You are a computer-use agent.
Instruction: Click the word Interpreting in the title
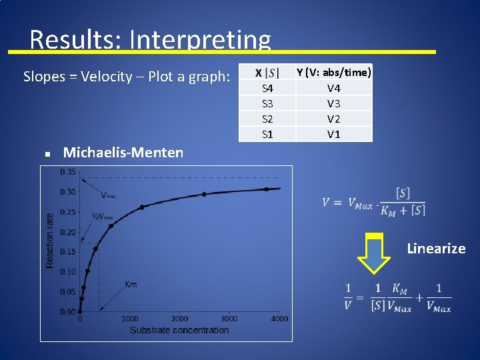(200, 40)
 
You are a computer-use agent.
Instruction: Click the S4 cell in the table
(267, 88)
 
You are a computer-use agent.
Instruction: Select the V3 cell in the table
(334, 103)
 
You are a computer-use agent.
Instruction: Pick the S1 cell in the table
(267, 134)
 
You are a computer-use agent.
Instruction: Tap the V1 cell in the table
(334, 134)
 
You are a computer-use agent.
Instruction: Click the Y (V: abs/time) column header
(334, 72)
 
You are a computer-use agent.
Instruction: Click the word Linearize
(436, 249)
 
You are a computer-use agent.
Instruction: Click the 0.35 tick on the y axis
(67, 172)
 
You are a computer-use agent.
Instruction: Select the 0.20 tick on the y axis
(67, 232)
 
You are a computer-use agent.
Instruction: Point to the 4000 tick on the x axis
(280, 319)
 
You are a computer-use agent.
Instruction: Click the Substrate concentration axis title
(179, 330)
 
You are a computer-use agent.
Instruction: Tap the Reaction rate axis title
(50, 241)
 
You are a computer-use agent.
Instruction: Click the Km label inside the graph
(131, 285)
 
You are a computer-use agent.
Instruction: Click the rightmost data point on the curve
(266, 189)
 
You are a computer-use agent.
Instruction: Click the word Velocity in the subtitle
(104, 77)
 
